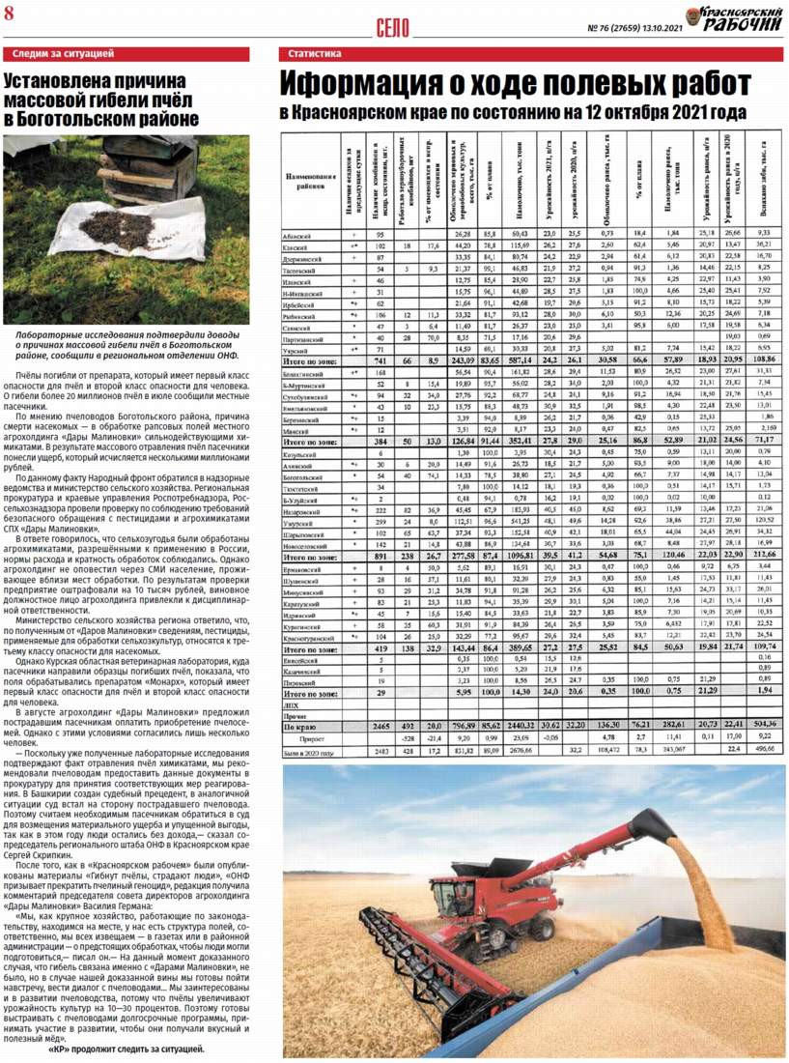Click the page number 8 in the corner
click(9, 12)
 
